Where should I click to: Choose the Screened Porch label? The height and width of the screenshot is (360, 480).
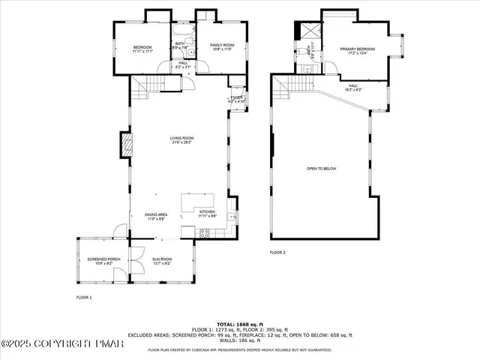point(100,261)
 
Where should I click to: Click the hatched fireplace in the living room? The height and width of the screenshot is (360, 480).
point(127,145)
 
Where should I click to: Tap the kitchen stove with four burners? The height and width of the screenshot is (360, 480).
point(202,232)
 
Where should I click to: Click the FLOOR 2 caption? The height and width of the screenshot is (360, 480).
point(277,253)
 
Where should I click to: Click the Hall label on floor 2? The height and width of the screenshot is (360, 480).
point(353,88)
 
